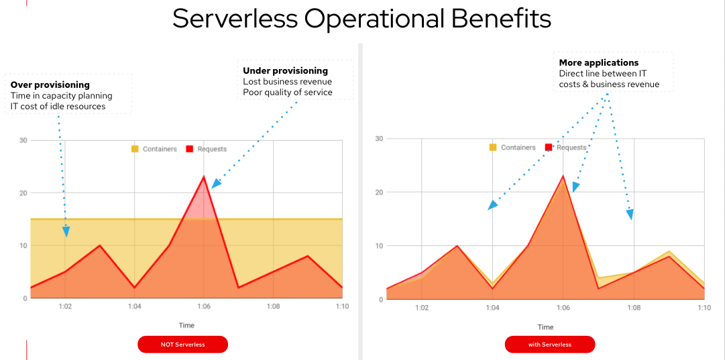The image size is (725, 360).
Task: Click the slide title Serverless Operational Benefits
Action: (361, 19)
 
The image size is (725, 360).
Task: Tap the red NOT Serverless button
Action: (182, 345)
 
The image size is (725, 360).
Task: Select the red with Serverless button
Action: (550, 345)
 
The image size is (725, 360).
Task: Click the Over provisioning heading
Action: (50, 85)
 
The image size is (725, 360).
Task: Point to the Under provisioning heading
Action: (285, 71)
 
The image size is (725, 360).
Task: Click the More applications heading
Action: (599, 63)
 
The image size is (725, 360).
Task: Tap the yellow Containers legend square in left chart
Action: (135, 149)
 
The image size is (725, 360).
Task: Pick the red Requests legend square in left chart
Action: (190, 149)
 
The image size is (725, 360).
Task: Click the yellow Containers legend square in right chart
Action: (493, 147)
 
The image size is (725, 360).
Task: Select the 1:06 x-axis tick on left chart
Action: (204, 306)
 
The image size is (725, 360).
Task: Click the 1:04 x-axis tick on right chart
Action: (492, 308)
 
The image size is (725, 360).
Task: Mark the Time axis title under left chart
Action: (186, 326)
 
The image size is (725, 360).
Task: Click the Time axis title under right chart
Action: (545, 327)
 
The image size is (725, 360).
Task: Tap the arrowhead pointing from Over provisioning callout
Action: (66, 232)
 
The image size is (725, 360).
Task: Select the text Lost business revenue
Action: (287, 82)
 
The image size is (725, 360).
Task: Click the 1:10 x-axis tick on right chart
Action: (704, 308)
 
